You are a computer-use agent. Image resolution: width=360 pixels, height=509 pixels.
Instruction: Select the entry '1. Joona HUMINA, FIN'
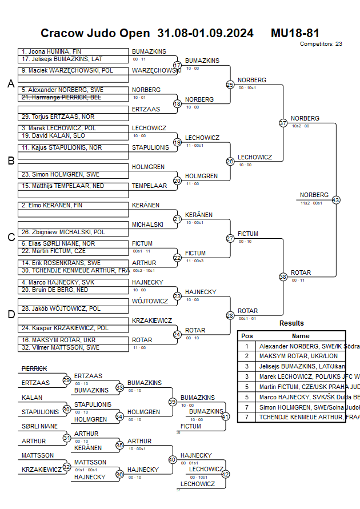51,51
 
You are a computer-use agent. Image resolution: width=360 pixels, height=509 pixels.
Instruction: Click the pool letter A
10,84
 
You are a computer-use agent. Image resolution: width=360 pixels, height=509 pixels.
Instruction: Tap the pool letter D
10,314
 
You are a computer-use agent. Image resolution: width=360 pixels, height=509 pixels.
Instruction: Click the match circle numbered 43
335,200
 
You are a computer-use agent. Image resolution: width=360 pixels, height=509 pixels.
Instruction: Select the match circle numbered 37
283,123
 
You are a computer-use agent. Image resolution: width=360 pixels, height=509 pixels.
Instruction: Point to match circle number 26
230,162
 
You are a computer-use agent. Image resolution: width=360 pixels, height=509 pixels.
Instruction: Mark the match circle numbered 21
177,219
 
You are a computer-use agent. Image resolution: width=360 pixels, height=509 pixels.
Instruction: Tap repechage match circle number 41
225,416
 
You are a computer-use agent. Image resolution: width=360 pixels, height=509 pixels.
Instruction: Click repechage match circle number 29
67,380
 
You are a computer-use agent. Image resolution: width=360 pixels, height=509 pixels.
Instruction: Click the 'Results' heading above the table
291,323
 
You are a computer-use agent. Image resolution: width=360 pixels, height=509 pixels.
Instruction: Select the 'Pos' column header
247,336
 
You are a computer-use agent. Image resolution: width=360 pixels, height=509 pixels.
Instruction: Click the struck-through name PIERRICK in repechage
34,369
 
